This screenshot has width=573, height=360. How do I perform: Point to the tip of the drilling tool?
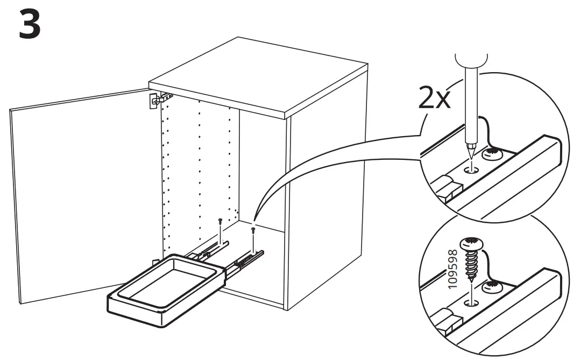pyautogui.click(x=470, y=156)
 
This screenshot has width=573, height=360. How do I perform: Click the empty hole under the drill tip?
pyautogui.click(x=472, y=170)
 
